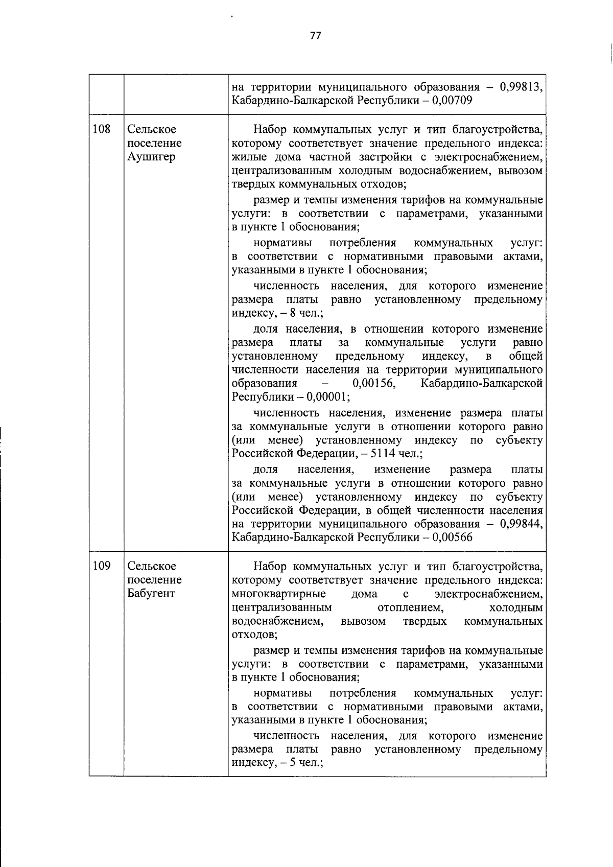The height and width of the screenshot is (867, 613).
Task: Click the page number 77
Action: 315,35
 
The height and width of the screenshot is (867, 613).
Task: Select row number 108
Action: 102,129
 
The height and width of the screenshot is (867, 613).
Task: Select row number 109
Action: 102,566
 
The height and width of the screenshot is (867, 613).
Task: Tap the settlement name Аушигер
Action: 151,156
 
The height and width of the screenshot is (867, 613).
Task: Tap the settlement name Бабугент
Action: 151,593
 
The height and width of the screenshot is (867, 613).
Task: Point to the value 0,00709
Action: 452,100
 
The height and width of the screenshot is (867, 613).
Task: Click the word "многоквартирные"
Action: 279,594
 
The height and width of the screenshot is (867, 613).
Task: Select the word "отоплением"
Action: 410,607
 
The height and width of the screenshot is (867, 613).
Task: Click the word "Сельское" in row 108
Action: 152,129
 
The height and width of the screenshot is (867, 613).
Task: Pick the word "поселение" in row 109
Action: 154,579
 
